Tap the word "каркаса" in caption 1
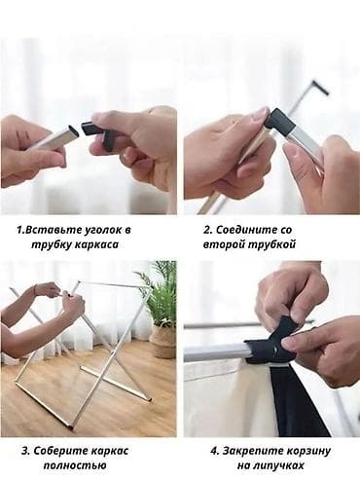96,244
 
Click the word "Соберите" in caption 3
60,451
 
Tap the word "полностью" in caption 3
75,465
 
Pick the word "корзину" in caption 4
308,451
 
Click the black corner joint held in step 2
279,122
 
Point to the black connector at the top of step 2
321,87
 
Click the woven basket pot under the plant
163,343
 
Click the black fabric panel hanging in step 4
299,401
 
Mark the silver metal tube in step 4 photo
217,352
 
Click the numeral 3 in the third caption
25,451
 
